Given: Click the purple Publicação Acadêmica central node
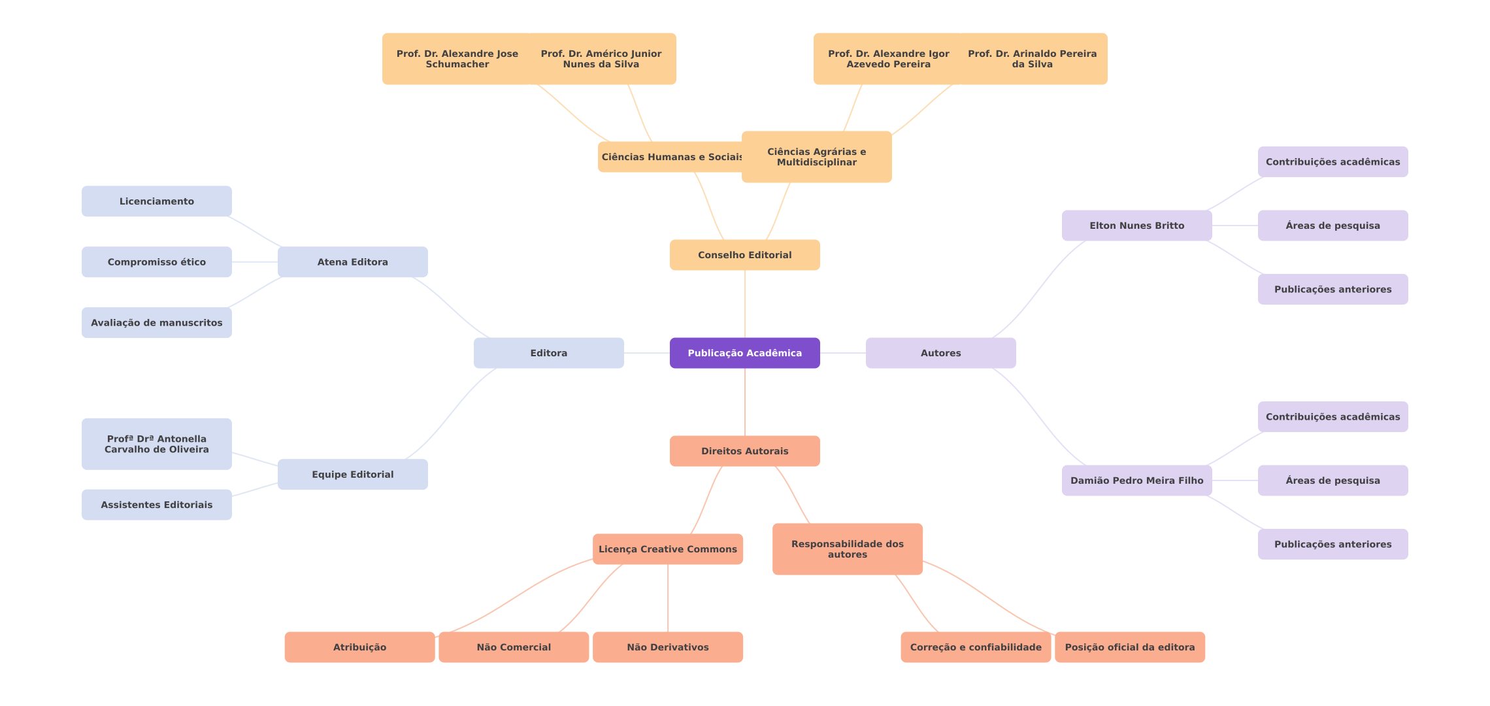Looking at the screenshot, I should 744,353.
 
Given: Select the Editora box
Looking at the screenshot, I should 548,353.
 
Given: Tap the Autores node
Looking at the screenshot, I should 940,353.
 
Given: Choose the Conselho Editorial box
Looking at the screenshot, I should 744,255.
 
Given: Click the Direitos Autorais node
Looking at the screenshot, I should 744,451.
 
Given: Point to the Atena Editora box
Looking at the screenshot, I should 352,262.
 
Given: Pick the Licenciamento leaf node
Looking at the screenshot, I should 156,201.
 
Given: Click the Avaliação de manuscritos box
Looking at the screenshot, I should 156,323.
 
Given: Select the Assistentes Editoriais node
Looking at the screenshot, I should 156,505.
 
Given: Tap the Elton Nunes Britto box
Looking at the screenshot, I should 1136,226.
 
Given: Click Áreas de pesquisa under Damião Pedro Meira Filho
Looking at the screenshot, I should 1333,480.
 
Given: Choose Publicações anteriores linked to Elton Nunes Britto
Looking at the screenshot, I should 1333,289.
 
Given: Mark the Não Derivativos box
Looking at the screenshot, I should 667,647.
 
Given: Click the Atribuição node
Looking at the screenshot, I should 359,647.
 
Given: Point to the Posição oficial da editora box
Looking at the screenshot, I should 1129,647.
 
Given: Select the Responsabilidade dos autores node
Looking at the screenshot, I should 847,549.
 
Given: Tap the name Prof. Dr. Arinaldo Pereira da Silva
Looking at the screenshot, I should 1032,59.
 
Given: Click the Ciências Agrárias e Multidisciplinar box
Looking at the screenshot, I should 816,157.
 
